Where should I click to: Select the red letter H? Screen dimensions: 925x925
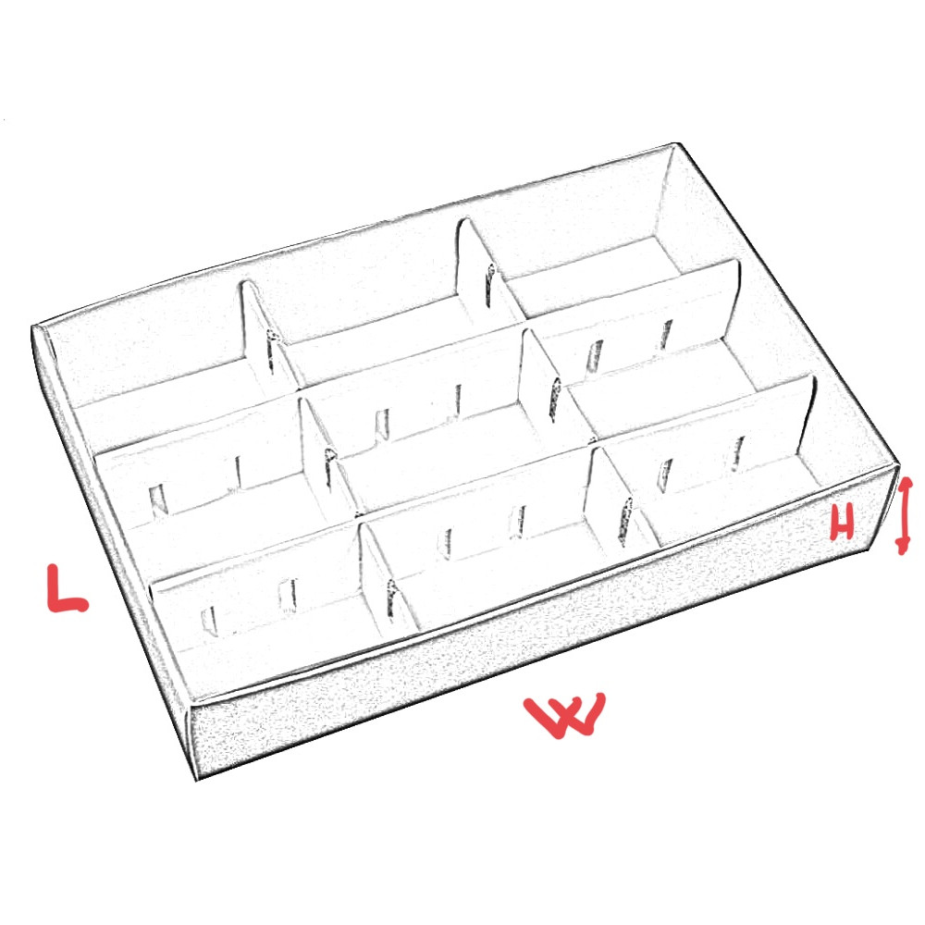click(x=842, y=524)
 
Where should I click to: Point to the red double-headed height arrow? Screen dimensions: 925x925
click(x=904, y=516)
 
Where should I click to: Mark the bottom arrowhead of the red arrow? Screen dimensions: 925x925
click(x=902, y=548)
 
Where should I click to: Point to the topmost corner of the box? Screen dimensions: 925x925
click(x=676, y=144)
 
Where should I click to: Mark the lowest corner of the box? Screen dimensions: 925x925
click(x=196, y=779)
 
